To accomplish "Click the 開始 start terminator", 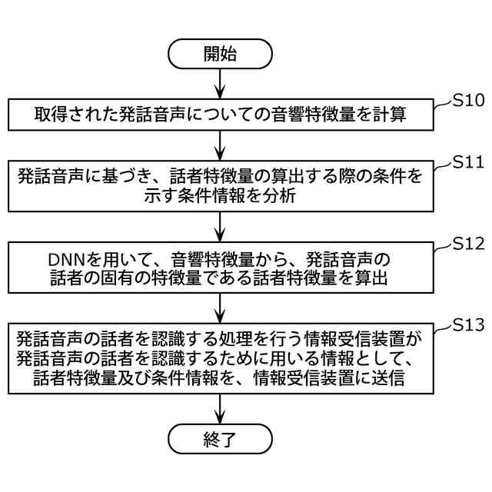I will pyautogui.click(x=221, y=54).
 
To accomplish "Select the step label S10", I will pyautogui.click(x=467, y=100).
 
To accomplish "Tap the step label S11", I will pyautogui.click(x=467, y=163).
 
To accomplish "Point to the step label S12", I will pyautogui.click(x=467, y=244).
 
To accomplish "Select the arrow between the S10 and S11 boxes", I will pyautogui.click(x=221, y=145).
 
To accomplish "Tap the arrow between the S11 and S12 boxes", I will pyautogui.click(x=221, y=227).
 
